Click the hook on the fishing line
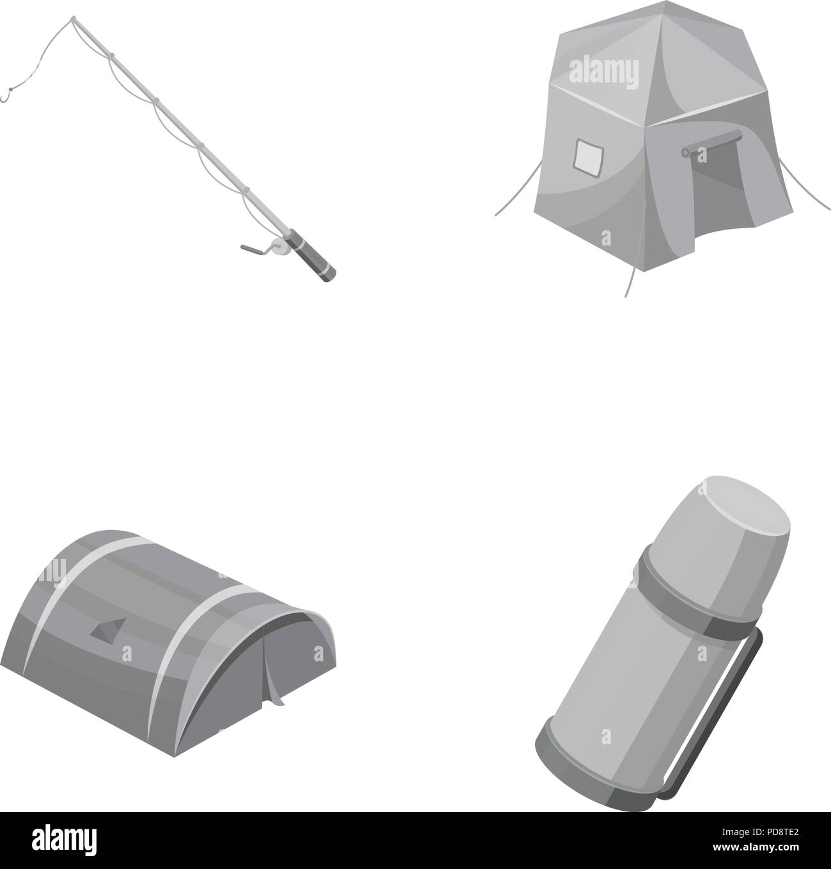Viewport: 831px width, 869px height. point(6,98)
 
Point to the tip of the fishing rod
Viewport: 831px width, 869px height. point(72,20)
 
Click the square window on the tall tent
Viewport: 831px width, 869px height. point(589,157)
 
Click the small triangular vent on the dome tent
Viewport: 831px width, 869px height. point(104,632)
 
